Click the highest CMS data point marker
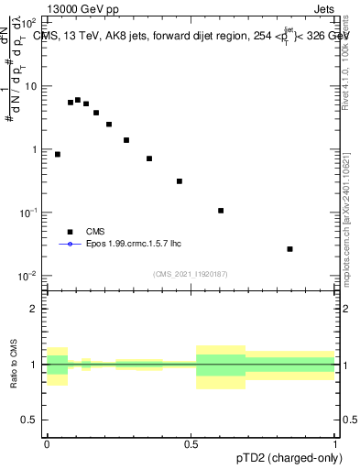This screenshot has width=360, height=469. tap(78, 100)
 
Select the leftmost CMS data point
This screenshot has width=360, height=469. tap(58, 155)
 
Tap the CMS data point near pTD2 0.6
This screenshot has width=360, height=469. tap(221, 211)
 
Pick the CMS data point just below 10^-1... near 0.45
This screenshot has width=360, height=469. tap(180, 181)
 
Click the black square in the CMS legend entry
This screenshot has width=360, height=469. tap(69, 232)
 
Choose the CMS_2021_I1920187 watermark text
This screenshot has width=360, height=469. tap(191, 273)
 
